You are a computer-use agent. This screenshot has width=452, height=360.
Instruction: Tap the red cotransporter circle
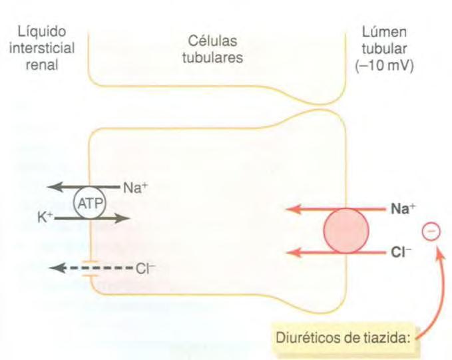coord(345,231)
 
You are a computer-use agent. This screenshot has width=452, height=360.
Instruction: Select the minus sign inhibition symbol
coord(431,231)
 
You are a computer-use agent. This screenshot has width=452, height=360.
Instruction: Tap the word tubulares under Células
coord(212,57)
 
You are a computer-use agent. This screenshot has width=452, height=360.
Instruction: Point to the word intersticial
coord(46,50)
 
